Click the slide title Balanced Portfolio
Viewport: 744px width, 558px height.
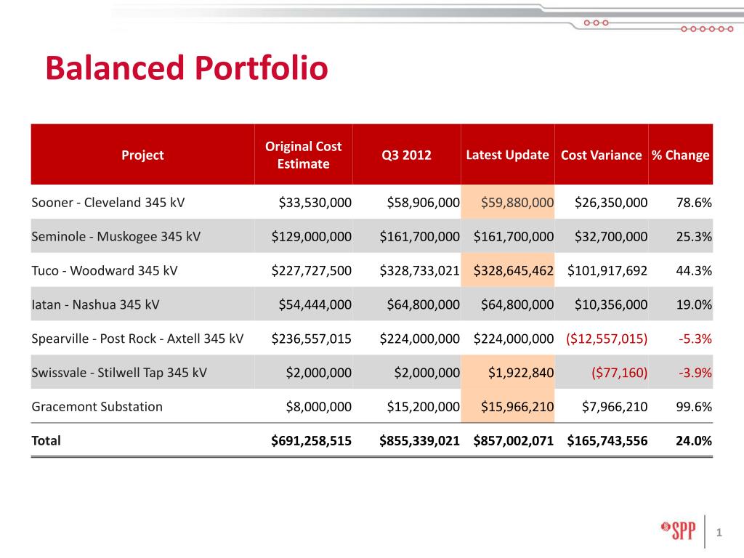tap(186, 70)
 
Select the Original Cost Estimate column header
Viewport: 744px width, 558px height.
tap(303, 155)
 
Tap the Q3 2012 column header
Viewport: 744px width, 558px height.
tap(406, 155)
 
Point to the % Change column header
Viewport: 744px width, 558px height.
tap(680, 155)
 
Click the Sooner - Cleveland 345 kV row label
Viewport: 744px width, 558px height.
tap(108, 202)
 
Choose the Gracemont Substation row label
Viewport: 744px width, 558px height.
tap(97, 406)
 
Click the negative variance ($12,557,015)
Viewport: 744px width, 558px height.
tap(607, 338)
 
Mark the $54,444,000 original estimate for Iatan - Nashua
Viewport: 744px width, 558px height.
tap(315, 304)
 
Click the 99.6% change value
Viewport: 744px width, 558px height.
tap(694, 406)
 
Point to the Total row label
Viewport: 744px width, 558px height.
tap(46, 440)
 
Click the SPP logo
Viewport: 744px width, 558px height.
tap(677, 528)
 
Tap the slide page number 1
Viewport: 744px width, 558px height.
tap(719, 533)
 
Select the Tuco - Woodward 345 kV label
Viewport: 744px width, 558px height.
tap(105, 270)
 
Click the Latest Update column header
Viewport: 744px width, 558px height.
tap(507, 155)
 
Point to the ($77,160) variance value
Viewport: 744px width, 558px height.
tap(620, 372)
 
